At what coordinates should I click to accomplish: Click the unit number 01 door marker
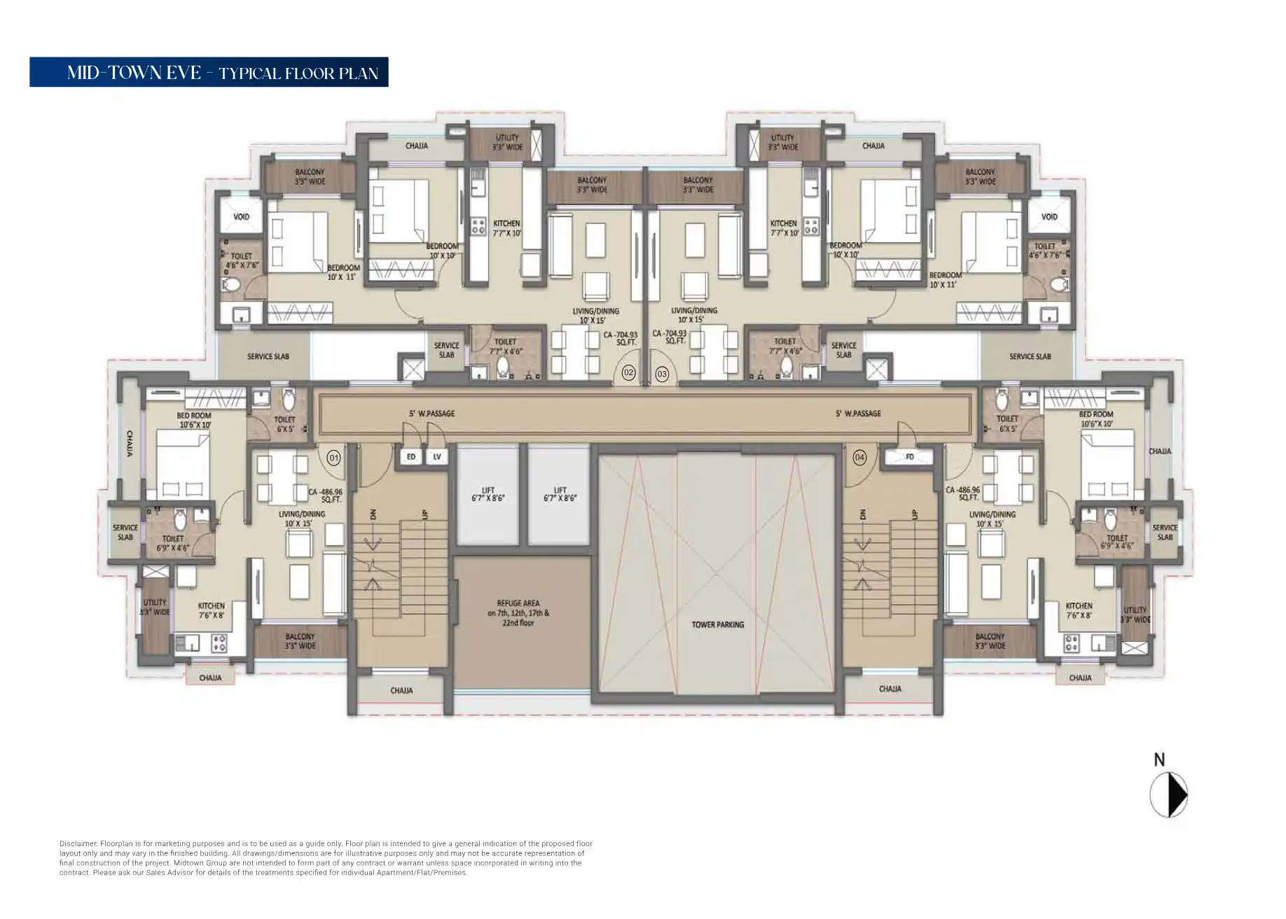334,458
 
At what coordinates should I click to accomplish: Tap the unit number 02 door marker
628,373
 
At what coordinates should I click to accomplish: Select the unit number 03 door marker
662,374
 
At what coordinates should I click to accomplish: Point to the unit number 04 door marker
859,458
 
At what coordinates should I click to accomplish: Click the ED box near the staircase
411,457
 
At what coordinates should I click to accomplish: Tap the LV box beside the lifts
437,457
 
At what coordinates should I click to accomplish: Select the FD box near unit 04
910,457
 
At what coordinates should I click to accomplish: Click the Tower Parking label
717,624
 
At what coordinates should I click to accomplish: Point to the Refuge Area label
518,612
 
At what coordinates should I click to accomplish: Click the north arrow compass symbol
1168,795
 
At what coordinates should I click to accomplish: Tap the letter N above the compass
1159,759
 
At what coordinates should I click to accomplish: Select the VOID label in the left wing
241,217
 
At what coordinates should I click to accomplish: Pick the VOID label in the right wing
1049,217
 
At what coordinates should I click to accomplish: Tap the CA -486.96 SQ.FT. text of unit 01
326,496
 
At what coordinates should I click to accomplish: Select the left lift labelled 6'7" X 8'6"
488,494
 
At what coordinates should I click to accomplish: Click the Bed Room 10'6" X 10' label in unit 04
1096,419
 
